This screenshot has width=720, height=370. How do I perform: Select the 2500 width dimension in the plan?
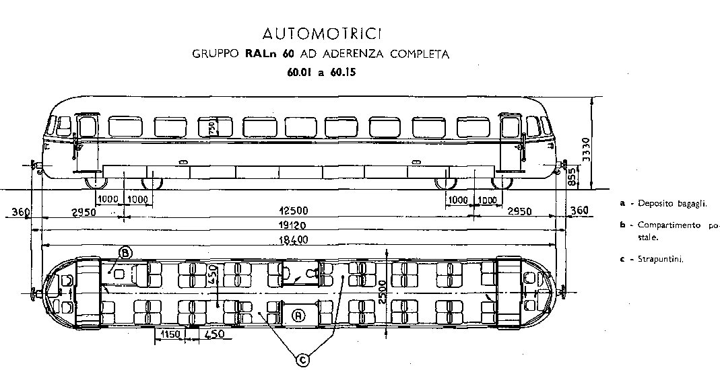coord(382,292)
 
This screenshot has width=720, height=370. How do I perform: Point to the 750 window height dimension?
coord(211,127)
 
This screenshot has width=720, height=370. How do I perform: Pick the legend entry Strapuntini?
coord(661,260)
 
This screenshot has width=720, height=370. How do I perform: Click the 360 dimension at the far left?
coord(20,212)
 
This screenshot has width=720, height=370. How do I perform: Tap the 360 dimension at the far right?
coord(579,211)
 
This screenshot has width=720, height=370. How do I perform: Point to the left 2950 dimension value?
coord(85,212)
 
